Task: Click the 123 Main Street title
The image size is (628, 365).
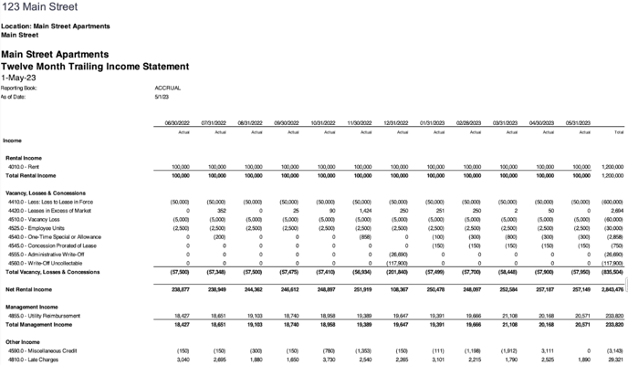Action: click(x=39, y=7)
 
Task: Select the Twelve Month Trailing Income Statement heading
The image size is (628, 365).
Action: click(x=95, y=67)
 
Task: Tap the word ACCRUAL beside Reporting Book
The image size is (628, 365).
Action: click(x=168, y=89)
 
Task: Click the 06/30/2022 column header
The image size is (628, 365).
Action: click(x=176, y=123)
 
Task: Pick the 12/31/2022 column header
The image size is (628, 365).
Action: click(x=395, y=123)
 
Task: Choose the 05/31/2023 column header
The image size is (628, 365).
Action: click(x=578, y=123)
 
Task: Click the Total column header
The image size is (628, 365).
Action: click(x=618, y=132)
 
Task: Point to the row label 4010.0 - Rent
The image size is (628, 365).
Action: click(x=26, y=167)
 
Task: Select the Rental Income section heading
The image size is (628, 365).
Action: click(x=26, y=158)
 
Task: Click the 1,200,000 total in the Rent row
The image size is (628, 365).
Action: click(x=612, y=167)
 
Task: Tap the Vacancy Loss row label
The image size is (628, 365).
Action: click(x=34, y=219)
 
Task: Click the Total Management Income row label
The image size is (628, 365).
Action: click(x=38, y=324)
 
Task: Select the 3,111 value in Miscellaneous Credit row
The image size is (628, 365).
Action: click(x=545, y=349)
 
